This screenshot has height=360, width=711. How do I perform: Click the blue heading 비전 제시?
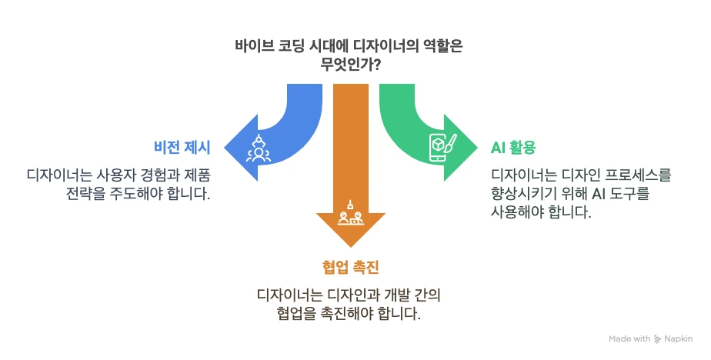point(182,148)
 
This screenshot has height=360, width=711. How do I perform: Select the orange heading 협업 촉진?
point(351,267)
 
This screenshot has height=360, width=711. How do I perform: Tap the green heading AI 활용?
point(513,148)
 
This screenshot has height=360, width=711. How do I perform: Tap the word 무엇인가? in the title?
point(350,65)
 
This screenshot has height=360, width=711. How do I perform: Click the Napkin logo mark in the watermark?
point(657,338)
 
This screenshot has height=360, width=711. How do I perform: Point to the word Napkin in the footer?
point(679,338)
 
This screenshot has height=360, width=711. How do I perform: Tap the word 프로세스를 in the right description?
point(638,175)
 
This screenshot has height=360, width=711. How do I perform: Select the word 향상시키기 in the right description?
point(524,194)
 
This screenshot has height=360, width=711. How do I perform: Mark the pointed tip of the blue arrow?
point(225,148)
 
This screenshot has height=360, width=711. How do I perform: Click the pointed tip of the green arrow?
point(478,148)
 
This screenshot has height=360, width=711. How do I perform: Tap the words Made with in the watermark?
point(629,338)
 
